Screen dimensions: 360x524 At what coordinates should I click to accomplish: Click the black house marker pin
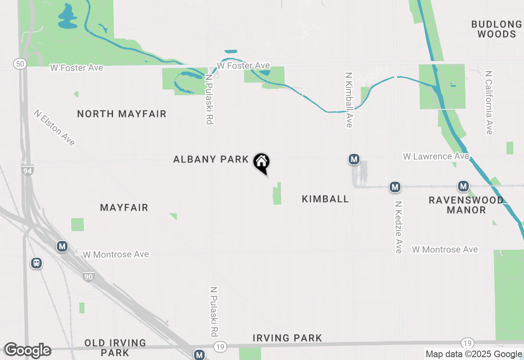coord(261,162)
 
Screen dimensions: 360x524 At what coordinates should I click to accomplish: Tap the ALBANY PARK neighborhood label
coord(211,159)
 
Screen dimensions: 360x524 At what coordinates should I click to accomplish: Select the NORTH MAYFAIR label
coord(122,114)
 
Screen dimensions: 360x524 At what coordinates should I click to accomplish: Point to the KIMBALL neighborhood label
coord(325,199)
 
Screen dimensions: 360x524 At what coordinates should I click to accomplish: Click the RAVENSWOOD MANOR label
coord(466,205)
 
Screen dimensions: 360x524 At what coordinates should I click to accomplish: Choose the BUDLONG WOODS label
coord(497,29)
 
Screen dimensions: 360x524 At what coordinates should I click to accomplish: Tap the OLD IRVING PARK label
coord(115,347)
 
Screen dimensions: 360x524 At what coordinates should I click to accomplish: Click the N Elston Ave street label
coord(55,127)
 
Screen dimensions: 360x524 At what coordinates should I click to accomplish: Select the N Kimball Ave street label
coord(349,100)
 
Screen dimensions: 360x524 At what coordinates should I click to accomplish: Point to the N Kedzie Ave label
coord(398,227)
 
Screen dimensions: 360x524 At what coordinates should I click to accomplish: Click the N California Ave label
coord(488,103)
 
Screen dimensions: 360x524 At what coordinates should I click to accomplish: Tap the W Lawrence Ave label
coord(436,156)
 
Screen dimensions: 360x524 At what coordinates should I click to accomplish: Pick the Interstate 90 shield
coord(88,277)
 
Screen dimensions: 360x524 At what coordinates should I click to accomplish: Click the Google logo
coord(27,350)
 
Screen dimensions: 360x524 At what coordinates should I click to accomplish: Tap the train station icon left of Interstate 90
coord(36,263)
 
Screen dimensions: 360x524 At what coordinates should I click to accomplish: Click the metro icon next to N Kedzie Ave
coord(395,187)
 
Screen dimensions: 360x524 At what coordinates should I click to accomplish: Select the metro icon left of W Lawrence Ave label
coord(354,159)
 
